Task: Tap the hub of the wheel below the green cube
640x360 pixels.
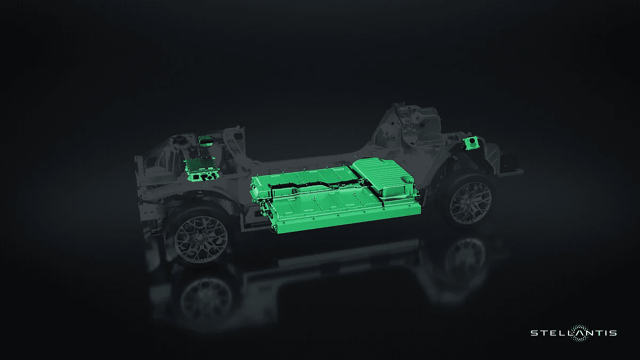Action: [x=469, y=203]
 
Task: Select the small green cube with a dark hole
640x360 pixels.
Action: [x=471, y=143]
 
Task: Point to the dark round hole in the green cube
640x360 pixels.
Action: [x=474, y=141]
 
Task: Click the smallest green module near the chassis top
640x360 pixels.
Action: [x=207, y=141]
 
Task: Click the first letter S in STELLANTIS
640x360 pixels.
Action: [x=534, y=333]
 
